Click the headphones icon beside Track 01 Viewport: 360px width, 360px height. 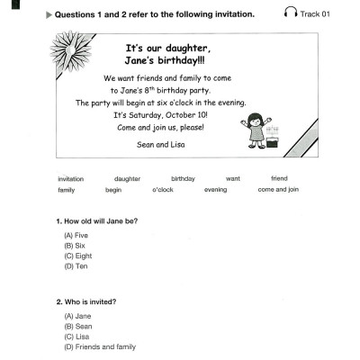(x=291, y=13)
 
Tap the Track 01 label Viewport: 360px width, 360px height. (x=315, y=14)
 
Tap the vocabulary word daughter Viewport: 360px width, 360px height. (x=128, y=178)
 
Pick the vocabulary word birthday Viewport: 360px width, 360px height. (x=183, y=178)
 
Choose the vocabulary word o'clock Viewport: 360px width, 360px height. (x=162, y=190)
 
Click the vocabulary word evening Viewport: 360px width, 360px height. (x=216, y=190)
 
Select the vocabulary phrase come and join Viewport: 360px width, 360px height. (x=279, y=190)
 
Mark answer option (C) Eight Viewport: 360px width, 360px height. (x=77, y=255)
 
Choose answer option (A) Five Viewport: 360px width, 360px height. (x=76, y=234)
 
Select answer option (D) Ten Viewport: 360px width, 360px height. (x=76, y=265)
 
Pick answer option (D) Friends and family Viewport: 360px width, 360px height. (x=99, y=346)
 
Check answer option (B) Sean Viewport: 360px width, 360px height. (x=77, y=326)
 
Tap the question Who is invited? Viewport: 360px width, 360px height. (x=90, y=301)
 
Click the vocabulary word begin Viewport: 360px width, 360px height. (x=113, y=190)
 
